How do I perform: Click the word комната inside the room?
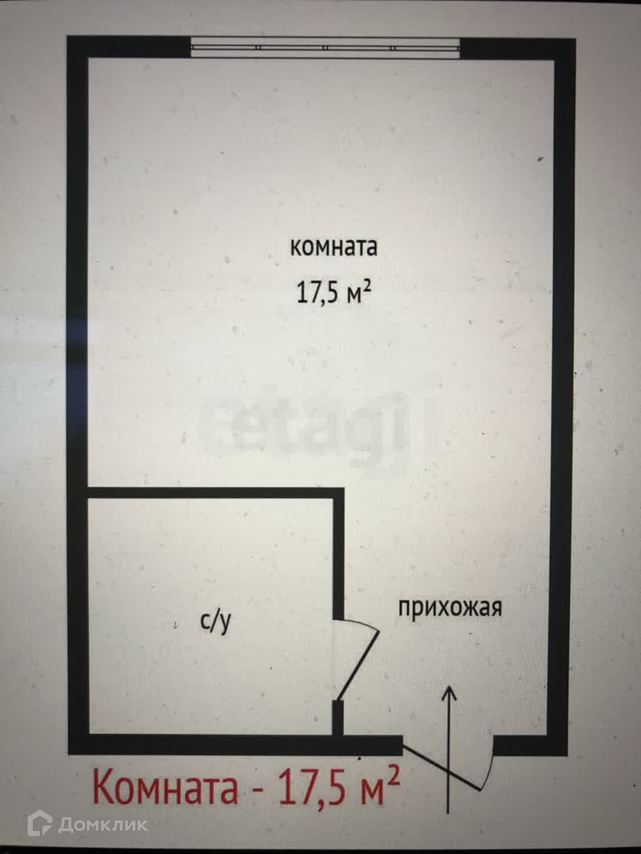(x=333, y=247)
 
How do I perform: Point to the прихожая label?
(x=450, y=608)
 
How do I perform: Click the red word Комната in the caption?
(x=165, y=787)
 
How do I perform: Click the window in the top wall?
(x=325, y=47)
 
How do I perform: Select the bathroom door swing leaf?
(x=359, y=666)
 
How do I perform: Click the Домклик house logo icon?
(x=40, y=824)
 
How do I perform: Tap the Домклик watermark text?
(x=102, y=825)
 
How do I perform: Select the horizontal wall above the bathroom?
(x=214, y=493)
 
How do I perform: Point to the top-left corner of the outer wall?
(x=77, y=47)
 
